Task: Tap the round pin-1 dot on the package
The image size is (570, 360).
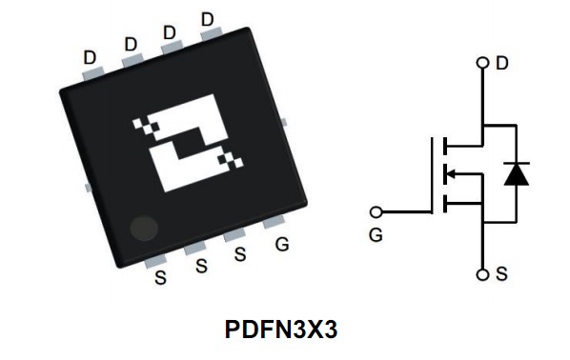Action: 144,228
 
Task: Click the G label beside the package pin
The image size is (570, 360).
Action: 281,245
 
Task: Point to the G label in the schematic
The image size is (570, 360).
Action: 376,234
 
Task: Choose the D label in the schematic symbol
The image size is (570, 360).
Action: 502,64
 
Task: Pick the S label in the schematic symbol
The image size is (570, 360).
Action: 501,274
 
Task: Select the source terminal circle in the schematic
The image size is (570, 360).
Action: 483,274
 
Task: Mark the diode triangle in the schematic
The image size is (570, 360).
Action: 517,173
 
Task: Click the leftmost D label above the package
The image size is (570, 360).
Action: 90,57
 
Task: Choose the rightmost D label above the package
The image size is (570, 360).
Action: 208,19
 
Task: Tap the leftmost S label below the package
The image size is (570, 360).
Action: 160,279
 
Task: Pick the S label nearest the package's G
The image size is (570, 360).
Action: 240,254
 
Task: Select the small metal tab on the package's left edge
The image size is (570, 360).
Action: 89,188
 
